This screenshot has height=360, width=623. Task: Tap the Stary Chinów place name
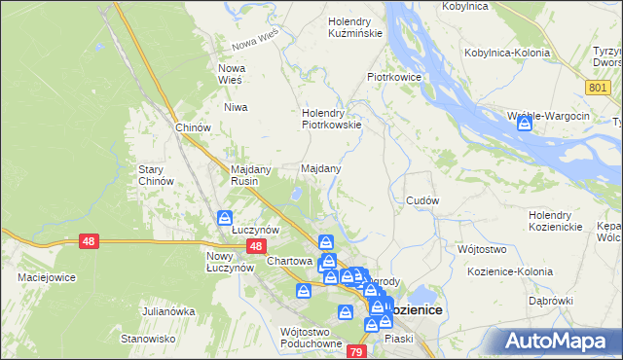[156, 174]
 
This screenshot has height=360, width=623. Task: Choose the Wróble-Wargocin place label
[549, 117]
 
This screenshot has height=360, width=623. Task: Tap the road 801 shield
[598, 88]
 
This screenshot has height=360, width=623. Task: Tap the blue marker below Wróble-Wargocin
[527, 125]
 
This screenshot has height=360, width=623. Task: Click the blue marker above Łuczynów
[225, 218]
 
